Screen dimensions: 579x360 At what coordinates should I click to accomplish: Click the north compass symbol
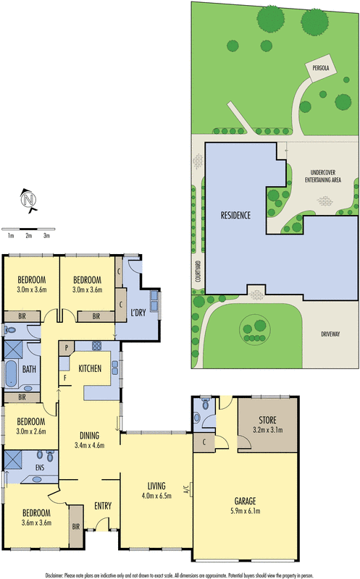pyautogui.click(x=28, y=200)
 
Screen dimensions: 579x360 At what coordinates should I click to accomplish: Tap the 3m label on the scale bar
pyautogui.click(x=46, y=236)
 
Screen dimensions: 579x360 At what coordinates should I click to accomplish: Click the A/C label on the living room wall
pyautogui.click(x=186, y=490)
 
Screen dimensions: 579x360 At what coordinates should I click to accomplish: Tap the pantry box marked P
pyautogui.click(x=67, y=347)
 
